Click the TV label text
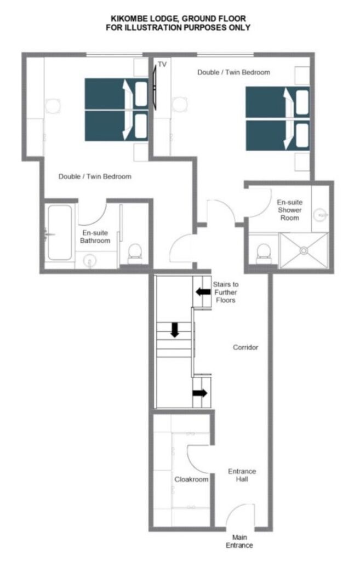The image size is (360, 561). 162,65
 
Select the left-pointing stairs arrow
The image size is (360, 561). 203,291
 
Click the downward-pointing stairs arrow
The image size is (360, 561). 175,330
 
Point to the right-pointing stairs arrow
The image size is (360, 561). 200,393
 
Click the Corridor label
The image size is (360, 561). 245,347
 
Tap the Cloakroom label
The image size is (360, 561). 191,479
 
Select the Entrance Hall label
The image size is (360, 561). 242,475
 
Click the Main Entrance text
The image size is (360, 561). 239,541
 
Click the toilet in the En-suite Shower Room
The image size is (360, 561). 264,253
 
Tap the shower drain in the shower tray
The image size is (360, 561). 304,250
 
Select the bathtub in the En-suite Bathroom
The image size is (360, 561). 60,232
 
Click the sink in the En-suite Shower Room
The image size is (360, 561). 320,215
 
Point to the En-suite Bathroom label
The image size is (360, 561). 95,237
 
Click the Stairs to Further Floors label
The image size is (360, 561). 225,293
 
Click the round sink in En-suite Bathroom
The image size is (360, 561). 89,260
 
